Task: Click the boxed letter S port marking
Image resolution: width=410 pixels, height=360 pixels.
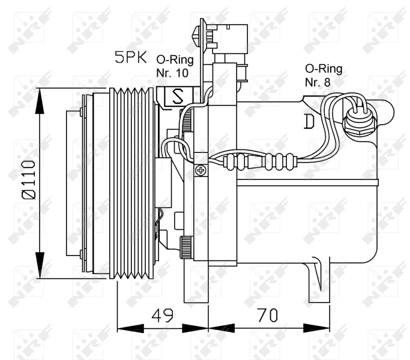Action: (178, 97)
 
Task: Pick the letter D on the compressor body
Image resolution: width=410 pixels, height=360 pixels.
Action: (309, 122)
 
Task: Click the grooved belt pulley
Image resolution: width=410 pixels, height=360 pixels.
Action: (132, 183)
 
